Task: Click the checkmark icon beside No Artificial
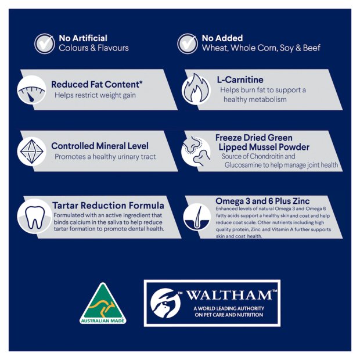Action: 45,44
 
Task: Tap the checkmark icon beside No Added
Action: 188,44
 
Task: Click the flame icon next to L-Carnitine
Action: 196,88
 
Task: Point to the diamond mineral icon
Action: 32,152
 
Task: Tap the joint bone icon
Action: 196,151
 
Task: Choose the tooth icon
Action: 35,217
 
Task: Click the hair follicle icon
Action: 197,217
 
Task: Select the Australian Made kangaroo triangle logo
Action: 103,304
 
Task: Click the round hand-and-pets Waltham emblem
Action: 165,303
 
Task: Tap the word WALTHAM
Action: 229,295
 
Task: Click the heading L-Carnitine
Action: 240,80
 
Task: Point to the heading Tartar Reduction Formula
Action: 108,205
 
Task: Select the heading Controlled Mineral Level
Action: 100,146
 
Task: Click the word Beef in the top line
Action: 312,48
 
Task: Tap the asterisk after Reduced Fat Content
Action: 141,82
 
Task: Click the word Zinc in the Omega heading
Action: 301,201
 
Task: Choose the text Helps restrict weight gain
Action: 95,95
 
